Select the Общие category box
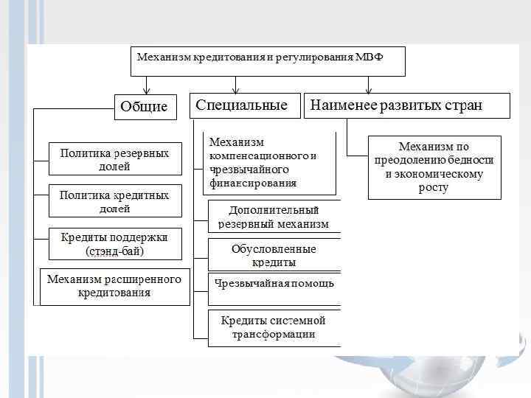[145, 107]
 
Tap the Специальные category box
[243, 105]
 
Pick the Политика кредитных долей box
[114, 201]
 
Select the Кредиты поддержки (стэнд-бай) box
[114, 244]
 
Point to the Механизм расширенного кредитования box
[114, 286]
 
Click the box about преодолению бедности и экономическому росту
[434, 167]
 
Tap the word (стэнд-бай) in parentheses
[114, 251]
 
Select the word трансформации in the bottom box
[274, 335]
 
